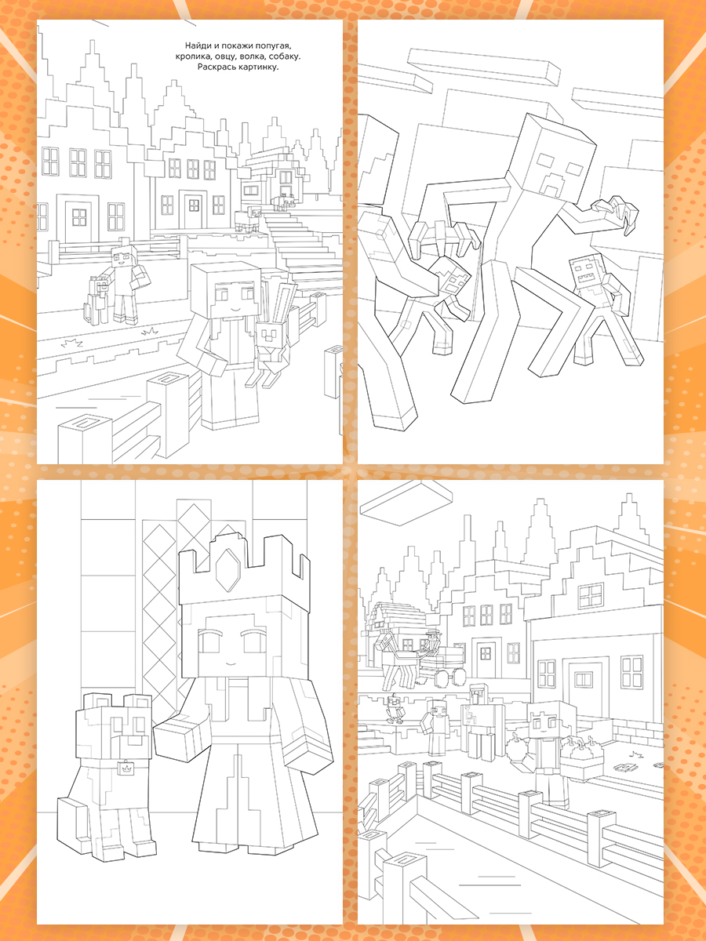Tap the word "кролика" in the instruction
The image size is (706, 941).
point(192,56)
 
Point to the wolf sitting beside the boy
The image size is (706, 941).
point(97,300)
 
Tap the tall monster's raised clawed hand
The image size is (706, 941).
point(617,213)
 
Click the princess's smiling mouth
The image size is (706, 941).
point(230,663)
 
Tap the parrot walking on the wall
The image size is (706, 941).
point(394,710)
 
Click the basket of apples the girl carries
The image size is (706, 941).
point(582,757)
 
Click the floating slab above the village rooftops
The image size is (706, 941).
point(406,503)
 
